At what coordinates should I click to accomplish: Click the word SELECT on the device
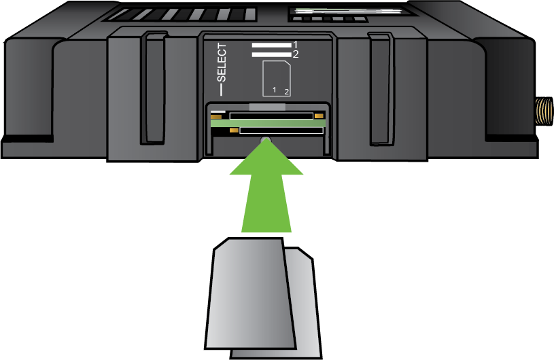click(x=222, y=62)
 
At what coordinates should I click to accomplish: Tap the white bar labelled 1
click(x=271, y=46)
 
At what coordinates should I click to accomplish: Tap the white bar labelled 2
click(x=271, y=54)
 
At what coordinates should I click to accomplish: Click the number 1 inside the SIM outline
click(x=274, y=90)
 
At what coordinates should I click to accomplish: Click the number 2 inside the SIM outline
click(x=287, y=92)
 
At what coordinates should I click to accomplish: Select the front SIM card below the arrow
click(x=250, y=293)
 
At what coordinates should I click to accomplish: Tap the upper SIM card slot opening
click(x=271, y=115)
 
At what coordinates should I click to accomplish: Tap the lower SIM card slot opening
click(x=281, y=130)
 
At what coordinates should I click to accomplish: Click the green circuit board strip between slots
click(x=268, y=123)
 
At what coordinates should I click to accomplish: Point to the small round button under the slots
click(x=266, y=141)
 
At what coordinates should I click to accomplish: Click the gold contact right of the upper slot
click(x=319, y=116)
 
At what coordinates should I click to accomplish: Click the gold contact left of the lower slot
click(x=234, y=130)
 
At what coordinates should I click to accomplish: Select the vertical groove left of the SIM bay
click(x=154, y=88)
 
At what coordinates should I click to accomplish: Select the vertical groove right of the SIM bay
click(x=380, y=89)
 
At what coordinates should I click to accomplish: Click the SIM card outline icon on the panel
click(x=277, y=78)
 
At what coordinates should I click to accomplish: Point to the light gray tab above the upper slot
click(x=267, y=107)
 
